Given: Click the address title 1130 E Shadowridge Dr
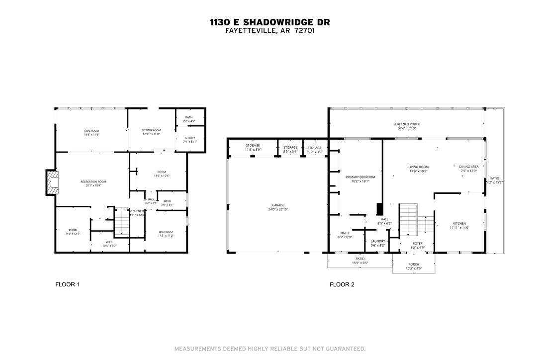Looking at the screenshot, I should tap(270, 22).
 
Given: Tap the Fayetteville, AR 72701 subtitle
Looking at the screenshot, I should tap(270, 30).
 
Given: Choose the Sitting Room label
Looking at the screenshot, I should tap(152, 132).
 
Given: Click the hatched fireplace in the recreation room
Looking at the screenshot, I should tap(53, 182).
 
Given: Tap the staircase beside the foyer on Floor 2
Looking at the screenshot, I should tap(408, 219).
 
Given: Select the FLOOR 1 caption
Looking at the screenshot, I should tap(67, 285).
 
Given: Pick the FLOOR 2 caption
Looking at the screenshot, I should tap(342, 285).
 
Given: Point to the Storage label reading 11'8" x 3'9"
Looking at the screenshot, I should tap(253, 148).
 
